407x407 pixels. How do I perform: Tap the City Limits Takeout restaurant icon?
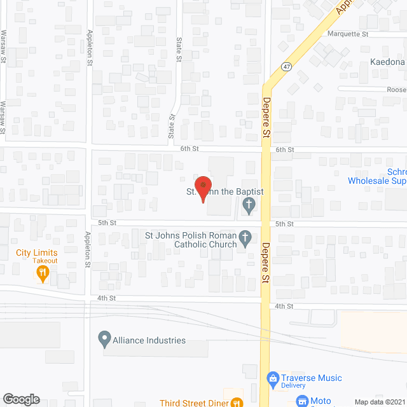[43, 274]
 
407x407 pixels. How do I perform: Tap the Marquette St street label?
[348, 34]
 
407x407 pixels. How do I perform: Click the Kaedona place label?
[388, 62]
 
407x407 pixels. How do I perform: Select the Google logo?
[21, 399]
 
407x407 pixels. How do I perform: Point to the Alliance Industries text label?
[150, 340]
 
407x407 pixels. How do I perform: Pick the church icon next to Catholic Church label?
[245, 240]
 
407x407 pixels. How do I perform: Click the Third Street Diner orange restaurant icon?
[236, 401]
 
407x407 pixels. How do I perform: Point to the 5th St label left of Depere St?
[107, 223]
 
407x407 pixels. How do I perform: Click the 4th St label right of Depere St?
[284, 306]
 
